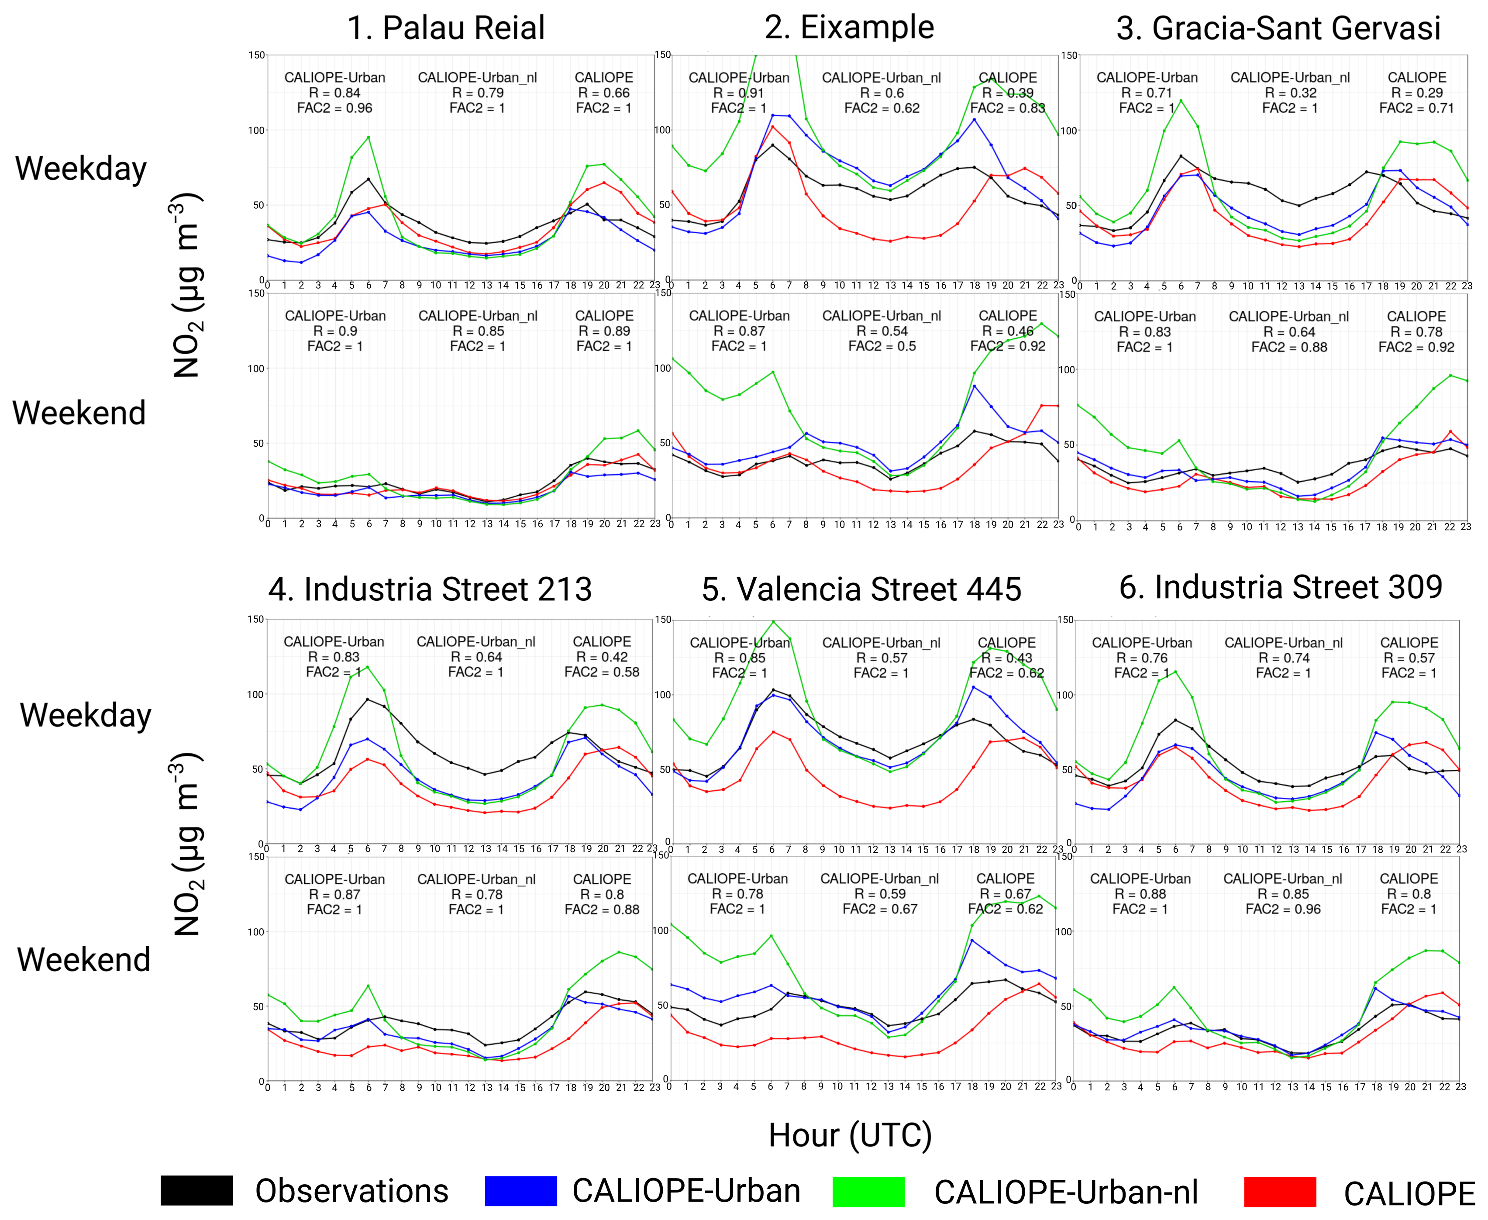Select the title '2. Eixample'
point(849,28)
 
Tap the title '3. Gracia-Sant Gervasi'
point(1278,28)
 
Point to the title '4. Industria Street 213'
point(430,589)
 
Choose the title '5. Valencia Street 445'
point(861,589)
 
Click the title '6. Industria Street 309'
point(1281,587)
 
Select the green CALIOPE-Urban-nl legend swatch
point(868,1191)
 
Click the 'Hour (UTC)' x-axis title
point(849,1135)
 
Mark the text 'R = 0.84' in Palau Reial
point(334,93)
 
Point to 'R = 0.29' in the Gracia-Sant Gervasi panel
point(1417,93)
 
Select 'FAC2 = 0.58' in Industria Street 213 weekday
point(602,672)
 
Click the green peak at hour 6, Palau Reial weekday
point(368,137)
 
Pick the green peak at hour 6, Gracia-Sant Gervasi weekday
point(1181,100)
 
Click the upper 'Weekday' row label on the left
point(81,169)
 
